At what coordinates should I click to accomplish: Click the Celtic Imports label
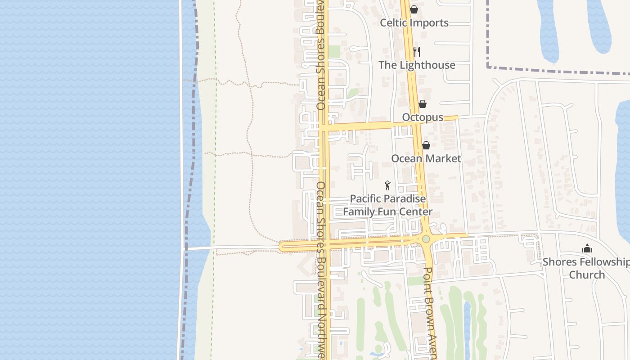click(x=414, y=22)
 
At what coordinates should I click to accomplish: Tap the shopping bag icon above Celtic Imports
click(x=414, y=9)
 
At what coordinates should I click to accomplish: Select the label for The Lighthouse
click(x=417, y=65)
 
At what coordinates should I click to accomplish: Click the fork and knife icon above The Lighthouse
click(x=417, y=52)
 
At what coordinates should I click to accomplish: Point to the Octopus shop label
click(x=423, y=117)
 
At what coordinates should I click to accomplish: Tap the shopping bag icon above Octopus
click(x=423, y=104)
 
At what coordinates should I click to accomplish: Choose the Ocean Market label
click(x=426, y=158)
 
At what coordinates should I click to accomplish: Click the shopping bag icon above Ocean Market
click(x=426, y=145)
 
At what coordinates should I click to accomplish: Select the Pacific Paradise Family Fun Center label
click(x=387, y=205)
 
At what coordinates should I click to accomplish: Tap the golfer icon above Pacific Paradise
click(x=387, y=185)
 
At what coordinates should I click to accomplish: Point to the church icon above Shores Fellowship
click(x=587, y=248)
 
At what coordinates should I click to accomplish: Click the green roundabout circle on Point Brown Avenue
click(x=426, y=239)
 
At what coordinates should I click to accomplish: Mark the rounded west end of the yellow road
click(x=283, y=247)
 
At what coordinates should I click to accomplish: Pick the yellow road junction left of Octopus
click(x=325, y=128)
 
